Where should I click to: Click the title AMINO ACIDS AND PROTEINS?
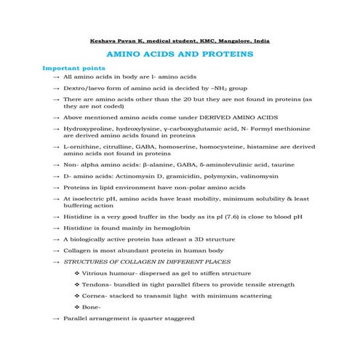pyautogui.click(x=180, y=55)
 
